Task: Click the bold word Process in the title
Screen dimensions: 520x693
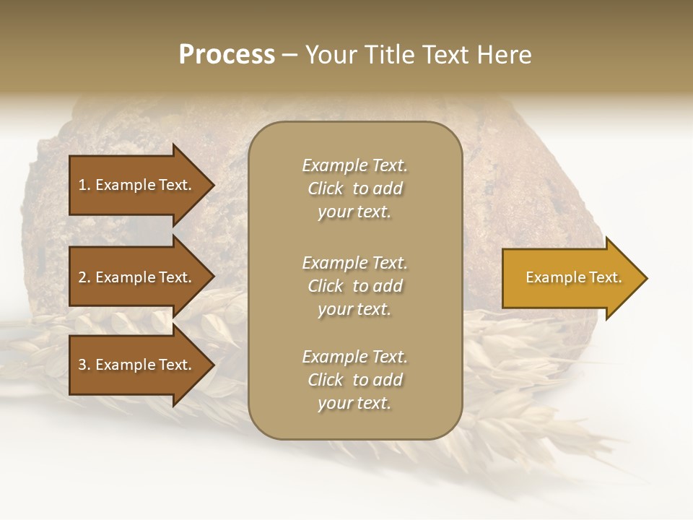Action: (x=227, y=55)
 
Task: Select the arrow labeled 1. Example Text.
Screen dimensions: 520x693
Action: (x=137, y=185)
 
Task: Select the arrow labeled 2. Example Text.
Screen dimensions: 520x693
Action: (x=137, y=277)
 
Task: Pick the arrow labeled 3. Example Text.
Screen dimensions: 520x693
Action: (x=137, y=365)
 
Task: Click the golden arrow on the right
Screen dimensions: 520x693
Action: (x=570, y=278)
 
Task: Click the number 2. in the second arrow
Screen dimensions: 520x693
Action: (x=84, y=277)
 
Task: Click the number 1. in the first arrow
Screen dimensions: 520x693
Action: (x=84, y=185)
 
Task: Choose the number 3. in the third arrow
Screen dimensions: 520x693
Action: (x=84, y=365)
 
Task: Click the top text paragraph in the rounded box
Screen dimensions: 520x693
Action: (x=354, y=188)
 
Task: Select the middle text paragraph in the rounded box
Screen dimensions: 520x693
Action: (x=354, y=286)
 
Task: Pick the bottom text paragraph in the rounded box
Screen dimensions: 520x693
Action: (x=354, y=380)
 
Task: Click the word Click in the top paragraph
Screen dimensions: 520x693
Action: (x=325, y=188)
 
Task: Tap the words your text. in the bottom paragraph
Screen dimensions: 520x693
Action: (x=354, y=403)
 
